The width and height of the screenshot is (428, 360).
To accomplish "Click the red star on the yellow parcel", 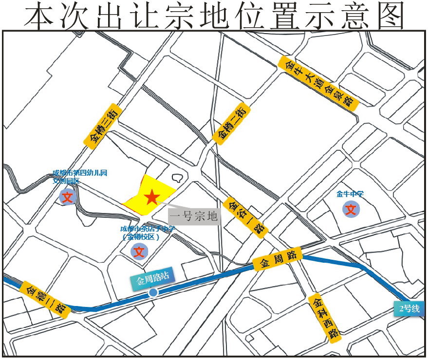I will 151,197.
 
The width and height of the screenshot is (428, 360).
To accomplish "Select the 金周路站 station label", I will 153,280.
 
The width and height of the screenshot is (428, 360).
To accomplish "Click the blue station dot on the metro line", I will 153,292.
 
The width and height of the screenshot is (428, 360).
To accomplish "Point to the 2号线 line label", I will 409,308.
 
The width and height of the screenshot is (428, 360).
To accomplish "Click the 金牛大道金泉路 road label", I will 319,82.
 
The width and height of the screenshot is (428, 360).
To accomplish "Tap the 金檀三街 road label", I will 102,126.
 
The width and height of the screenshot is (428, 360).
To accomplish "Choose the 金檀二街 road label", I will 232,124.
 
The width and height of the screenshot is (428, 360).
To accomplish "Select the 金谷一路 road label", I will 247,217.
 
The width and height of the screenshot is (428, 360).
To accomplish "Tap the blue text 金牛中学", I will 350,194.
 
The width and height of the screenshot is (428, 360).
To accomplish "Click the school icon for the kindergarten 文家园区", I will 67,197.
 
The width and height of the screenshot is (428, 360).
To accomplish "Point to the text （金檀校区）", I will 142,237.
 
